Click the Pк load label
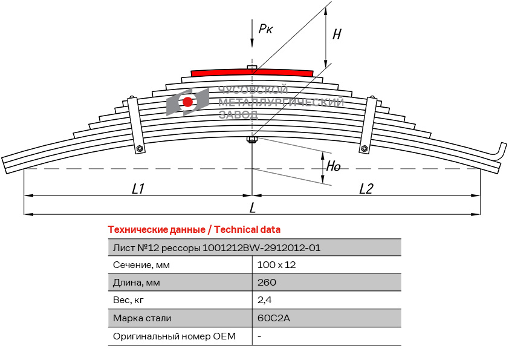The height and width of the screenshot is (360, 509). [x=265, y=29]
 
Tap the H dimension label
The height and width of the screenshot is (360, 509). [x=337, y=34]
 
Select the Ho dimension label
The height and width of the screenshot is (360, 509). [x=333, y=166]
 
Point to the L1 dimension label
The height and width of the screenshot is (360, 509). [x=138, y=188]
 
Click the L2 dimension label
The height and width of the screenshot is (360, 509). [x=366, y=188]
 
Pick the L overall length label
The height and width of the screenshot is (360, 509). [x=253, y=208]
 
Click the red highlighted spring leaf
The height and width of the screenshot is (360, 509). [x=252, y=73]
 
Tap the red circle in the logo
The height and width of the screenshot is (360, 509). [x=187, y=102]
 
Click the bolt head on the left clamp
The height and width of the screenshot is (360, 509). [x=140, y=148]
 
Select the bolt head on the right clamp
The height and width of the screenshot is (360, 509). [x=365, y=148]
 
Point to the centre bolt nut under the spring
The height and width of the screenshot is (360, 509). [x=252, y=140]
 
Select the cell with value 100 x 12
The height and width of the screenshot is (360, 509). [x=277, y=265]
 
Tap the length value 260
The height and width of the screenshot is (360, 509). [x=267, y=282]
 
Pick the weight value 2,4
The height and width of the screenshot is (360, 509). [x=265, y=300]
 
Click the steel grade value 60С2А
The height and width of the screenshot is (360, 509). [x=274, y=318]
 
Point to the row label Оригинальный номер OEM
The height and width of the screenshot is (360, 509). [x=174, y=336]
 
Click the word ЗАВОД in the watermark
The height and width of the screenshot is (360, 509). [x=239, y=114]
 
